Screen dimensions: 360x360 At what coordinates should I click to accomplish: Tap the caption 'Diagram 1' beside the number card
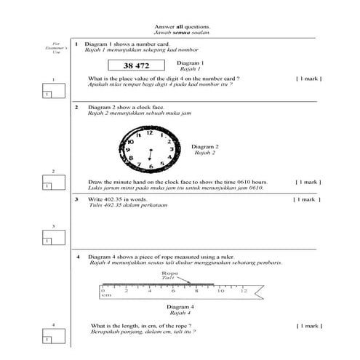(x=191, y=63)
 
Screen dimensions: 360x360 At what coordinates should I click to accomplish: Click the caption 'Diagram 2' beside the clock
(x=204, y=146)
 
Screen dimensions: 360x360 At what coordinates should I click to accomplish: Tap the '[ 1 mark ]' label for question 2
(x=308, y=182)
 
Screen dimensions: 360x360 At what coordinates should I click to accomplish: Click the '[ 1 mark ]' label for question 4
(x=308, y=326)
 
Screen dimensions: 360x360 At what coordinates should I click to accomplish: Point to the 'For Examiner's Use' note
(x=51, y=48)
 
